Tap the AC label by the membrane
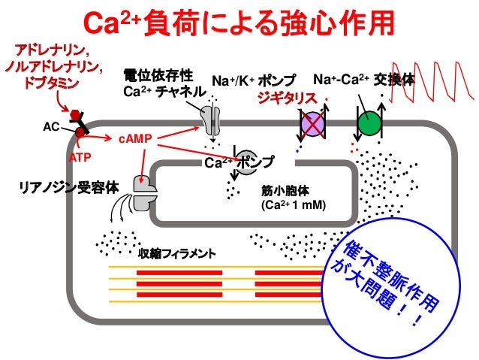coord(50,128)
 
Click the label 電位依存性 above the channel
coord(158,76)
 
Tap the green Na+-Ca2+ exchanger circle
coord(369,123)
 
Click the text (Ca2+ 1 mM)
coord(293,204)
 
